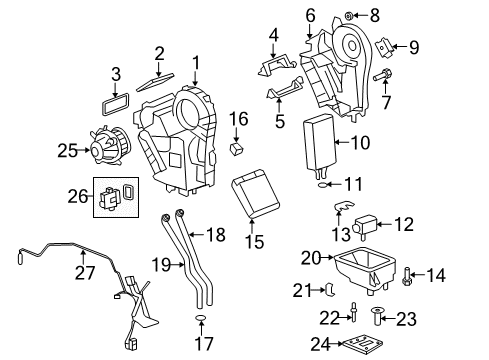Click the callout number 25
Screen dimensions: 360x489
coord(67,151)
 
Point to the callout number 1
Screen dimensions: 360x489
coord(196,62)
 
